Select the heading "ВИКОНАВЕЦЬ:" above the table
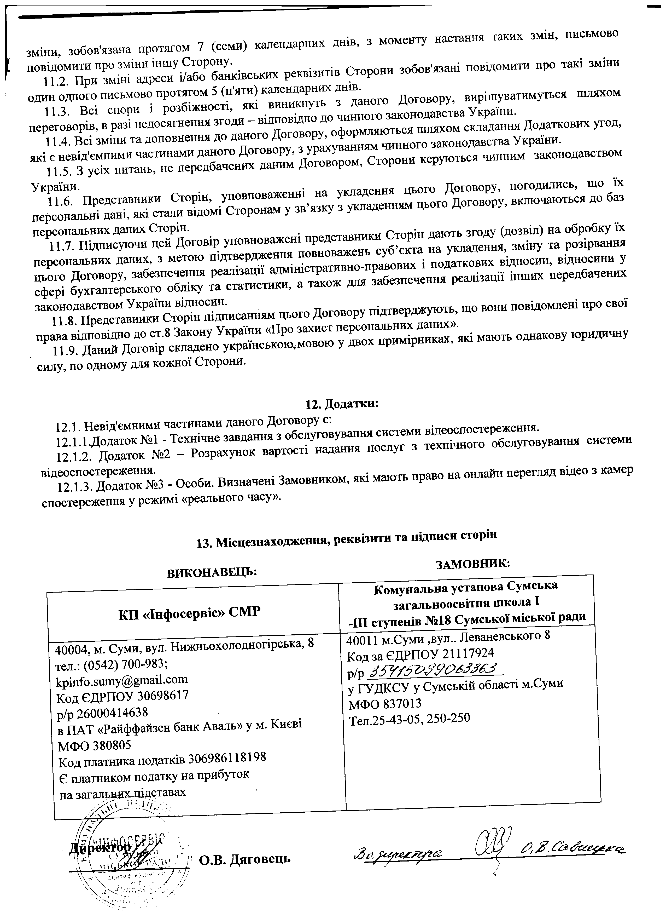pos(212,572)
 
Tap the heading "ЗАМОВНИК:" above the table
pos(474,563)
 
